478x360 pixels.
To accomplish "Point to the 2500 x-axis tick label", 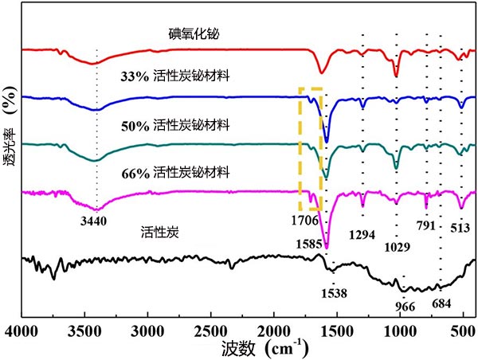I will coord(210,331).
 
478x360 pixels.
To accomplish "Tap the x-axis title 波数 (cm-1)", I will coord(246,349).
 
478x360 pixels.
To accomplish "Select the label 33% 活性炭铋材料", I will coord(174,78).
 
